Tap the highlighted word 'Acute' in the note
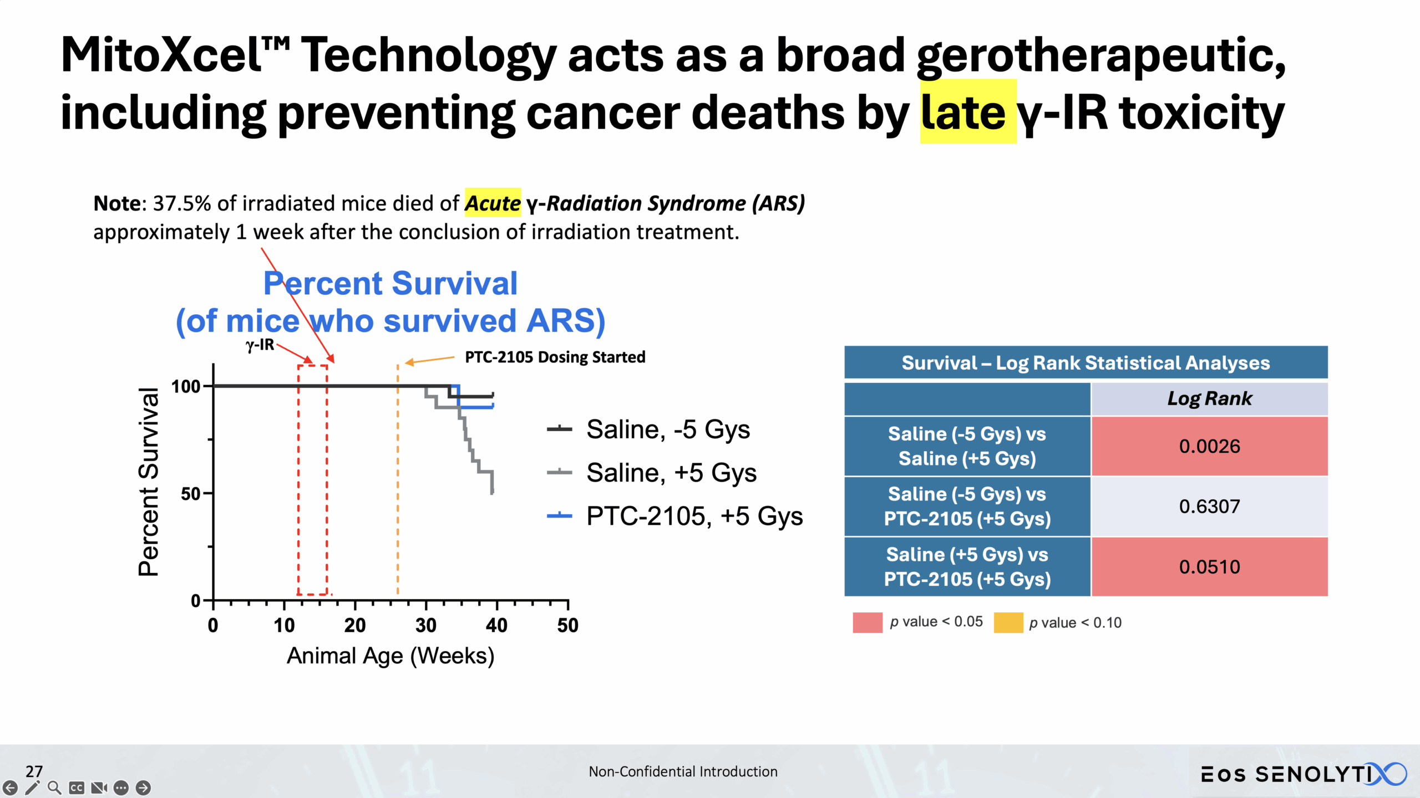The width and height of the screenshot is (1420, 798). coord(493,203)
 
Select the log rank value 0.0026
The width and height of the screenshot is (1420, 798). coord(1209,446)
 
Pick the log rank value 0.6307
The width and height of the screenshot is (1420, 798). coord(1209,506)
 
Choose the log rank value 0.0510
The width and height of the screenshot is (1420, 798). coord(1209,566)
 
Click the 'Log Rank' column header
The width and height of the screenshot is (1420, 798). coord(1209,398)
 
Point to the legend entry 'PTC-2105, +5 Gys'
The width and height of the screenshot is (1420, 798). coord(694,516)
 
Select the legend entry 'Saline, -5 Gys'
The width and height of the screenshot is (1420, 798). coord(668,429)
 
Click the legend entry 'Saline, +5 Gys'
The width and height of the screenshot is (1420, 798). coord(671,473)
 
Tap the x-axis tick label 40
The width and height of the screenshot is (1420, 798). coord(496,626)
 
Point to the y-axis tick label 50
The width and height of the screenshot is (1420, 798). coord(190,494)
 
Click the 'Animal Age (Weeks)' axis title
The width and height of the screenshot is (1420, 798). coord(390,656)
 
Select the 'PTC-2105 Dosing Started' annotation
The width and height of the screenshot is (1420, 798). coord(555,357)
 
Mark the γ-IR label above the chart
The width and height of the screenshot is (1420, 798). coord(260,345)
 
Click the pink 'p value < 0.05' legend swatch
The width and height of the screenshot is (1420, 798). coord(868,622)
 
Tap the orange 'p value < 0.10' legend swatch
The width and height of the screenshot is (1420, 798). coord(1008,622)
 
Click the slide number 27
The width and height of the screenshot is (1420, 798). coord(34,771)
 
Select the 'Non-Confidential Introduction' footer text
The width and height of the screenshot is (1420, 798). coord(683,771)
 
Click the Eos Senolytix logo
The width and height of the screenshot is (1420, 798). coord(1304,774)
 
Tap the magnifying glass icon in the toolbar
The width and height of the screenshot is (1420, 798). coord(54,787)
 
